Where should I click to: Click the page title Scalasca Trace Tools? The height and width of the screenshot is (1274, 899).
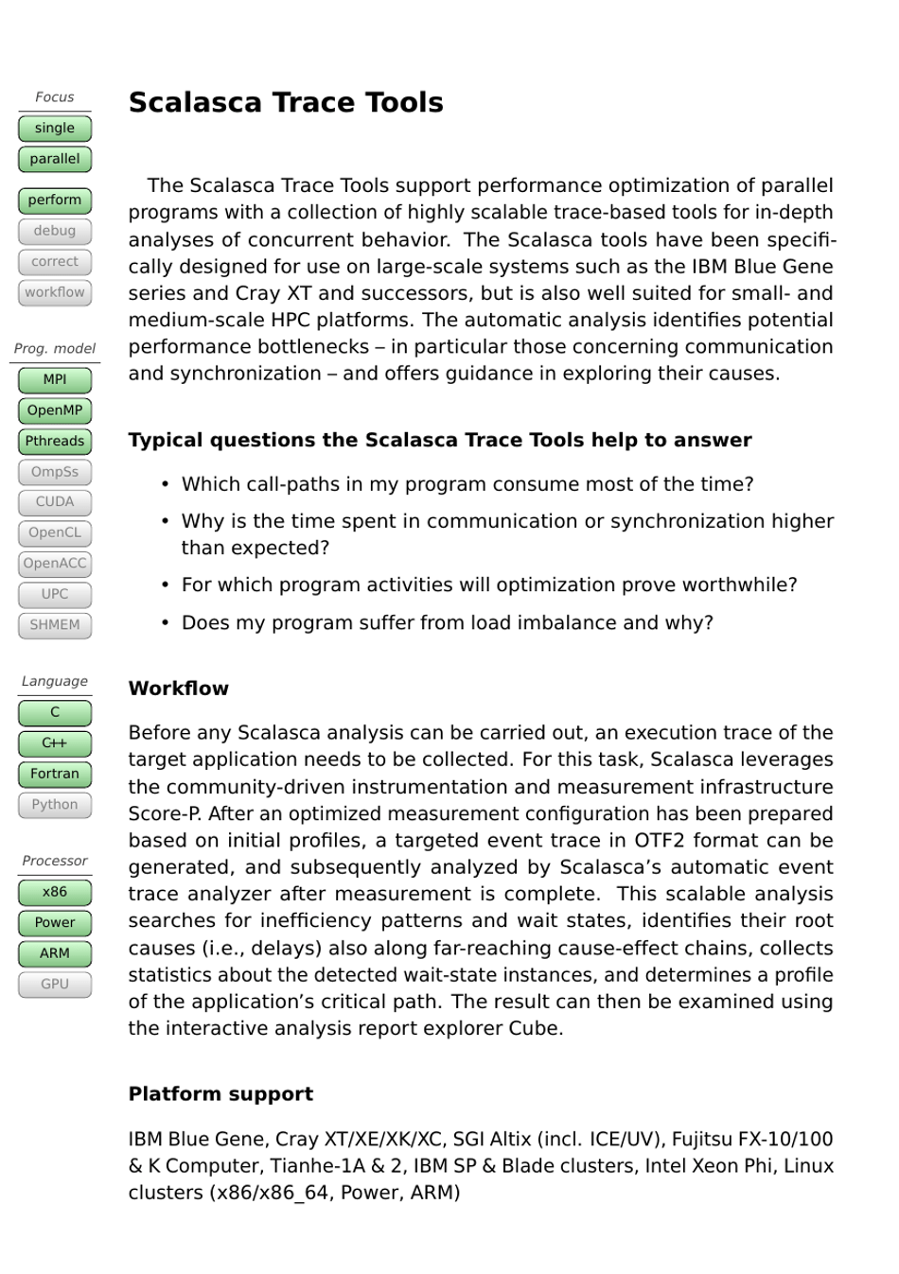coord(286,102)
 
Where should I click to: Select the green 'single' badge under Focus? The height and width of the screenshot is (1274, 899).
coord(55,129)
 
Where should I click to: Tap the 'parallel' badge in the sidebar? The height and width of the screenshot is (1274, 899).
coord(55,159)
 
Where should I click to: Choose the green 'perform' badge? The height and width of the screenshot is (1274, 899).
coord(55,201)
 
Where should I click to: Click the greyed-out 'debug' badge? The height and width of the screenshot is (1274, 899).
coord(55,231)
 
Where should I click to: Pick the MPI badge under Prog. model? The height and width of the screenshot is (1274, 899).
coord(55,380)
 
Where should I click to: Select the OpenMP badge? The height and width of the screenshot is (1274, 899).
coord(55,410)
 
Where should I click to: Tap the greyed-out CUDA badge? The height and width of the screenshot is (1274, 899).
coord(55,502)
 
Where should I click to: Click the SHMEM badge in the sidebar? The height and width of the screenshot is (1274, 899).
coord(55,625)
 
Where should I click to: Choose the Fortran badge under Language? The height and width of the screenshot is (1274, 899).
coord(55,774)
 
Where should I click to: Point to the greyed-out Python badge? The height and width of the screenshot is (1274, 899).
coord(55,805)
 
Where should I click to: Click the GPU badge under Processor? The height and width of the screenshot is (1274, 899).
coord(55,985)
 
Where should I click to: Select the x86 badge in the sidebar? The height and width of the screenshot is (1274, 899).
coord(55,892)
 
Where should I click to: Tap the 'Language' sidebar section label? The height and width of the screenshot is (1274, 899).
coord(55,681)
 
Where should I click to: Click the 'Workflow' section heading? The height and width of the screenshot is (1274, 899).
coord(179,689)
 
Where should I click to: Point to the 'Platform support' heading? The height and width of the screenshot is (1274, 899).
coord(220,1094)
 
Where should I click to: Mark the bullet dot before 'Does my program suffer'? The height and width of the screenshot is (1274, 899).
coord(165,622)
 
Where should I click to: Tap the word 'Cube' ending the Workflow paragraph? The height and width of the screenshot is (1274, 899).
coord(537,1029)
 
